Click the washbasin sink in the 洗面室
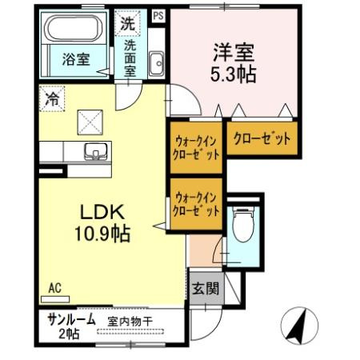[x=155, y=61]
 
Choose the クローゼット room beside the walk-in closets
[x=262, y=138]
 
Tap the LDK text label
[x=102, y=214]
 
